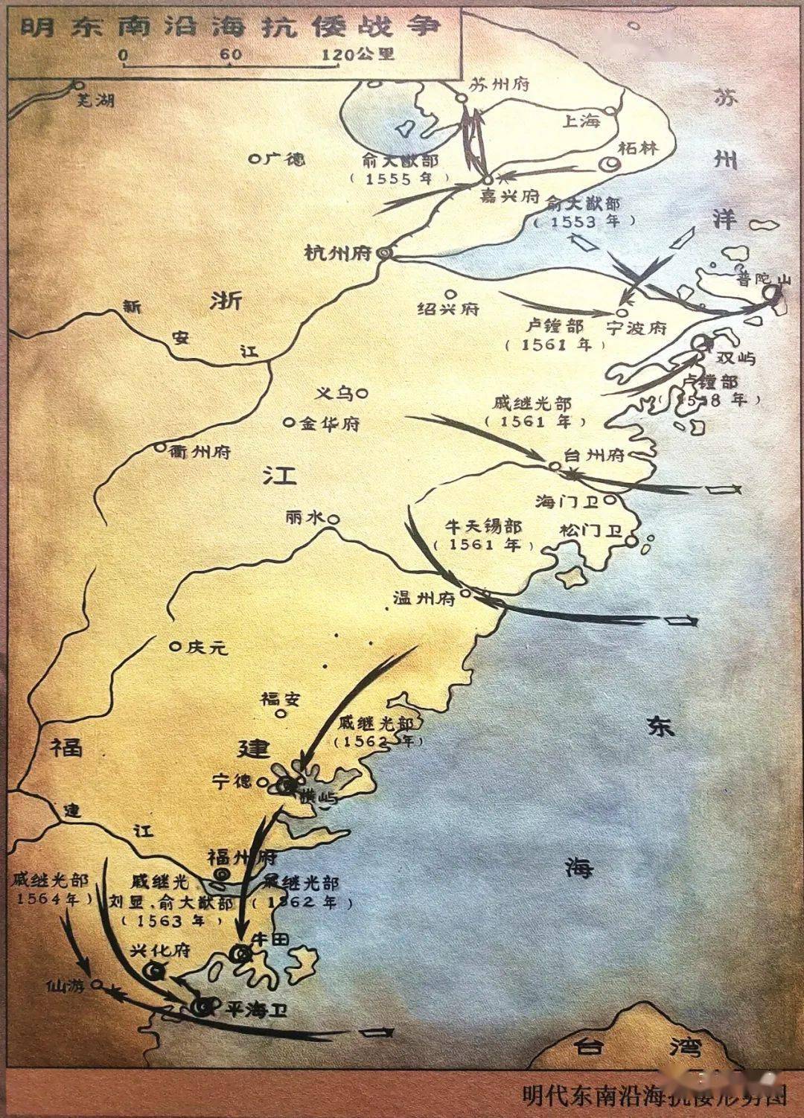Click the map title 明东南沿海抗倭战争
click(x=231, y=28)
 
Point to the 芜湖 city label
click(x=98, y=100)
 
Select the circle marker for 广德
click(x=254, y=159)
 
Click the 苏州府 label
click(x=499, y=86)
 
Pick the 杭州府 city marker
click(x=384, y=253)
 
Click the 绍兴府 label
click(x=449, y=308)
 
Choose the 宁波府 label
click(x=636, y=328)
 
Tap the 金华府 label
click(x=330, y=424)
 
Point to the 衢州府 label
click(x=200, y=451)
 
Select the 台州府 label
click(x=595, y=455)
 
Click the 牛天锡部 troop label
click(x=483, y=526)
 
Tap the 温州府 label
click(x=424, y=598)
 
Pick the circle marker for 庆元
click(x=175, y=647)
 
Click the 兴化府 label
click(x=161, y=951)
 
